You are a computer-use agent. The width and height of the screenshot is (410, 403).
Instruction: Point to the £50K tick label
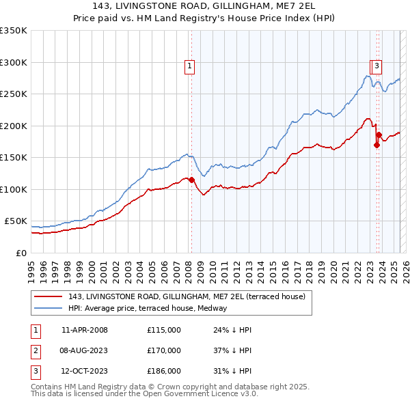16,221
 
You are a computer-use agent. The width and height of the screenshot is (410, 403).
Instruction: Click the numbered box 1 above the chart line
189,66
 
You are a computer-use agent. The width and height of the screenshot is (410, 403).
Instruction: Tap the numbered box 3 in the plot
377,66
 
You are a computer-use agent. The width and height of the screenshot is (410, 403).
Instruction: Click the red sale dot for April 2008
191,180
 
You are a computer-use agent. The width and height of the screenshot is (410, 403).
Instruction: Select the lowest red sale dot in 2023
377,145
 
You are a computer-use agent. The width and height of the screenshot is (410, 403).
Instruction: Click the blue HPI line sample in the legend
49,308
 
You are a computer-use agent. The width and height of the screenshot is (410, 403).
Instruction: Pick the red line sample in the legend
49,296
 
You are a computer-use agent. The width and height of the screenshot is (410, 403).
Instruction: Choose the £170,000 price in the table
163,350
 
